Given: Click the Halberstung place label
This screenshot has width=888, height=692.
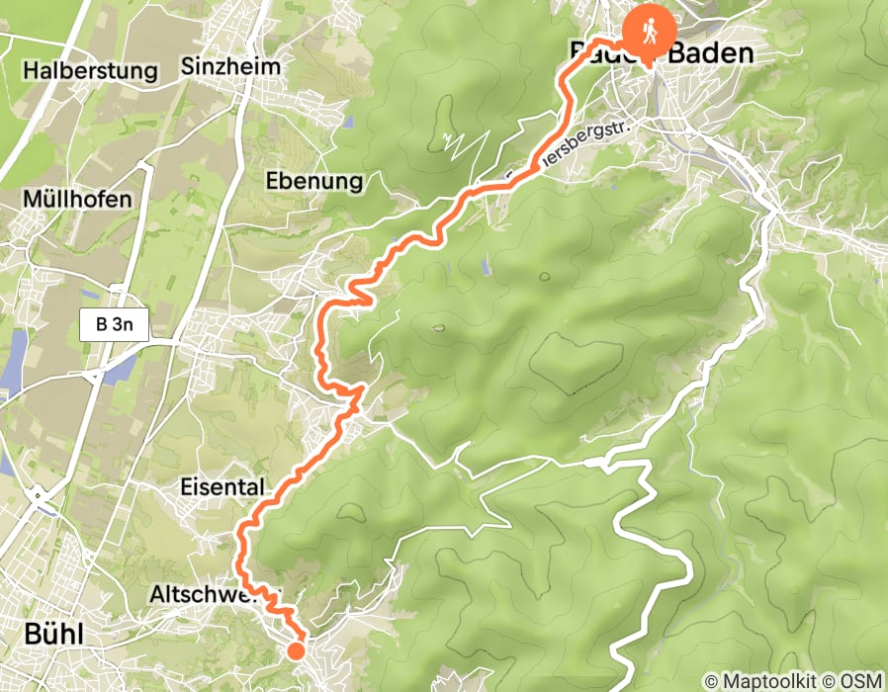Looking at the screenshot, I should click(91, 71).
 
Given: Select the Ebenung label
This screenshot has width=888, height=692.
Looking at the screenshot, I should click(314, 182).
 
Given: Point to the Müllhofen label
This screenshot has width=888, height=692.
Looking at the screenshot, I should click(77, 200).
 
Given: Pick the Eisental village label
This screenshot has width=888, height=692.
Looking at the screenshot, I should click(222, 487).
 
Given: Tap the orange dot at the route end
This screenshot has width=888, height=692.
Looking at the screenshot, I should click(296, 649).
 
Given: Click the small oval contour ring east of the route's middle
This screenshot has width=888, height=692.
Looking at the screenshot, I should click(436, 327).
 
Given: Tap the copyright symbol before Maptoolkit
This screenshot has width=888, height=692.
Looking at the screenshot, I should click(710, 681).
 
